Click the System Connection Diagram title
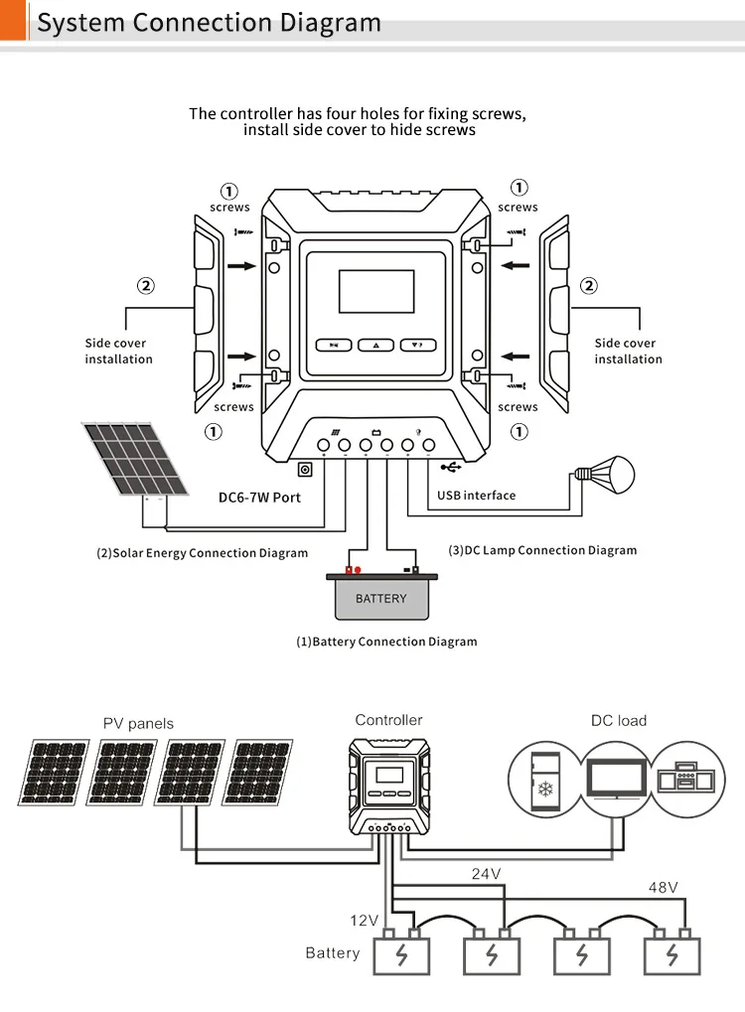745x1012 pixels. click(209, 22)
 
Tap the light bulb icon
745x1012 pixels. click(608, 475)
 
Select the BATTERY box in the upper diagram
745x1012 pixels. click(380, 597)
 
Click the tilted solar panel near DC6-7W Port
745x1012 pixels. click(135, 458)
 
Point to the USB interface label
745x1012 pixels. click(476, 495)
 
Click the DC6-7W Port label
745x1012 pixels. click(259, 497)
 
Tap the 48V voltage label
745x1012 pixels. click(663, 887)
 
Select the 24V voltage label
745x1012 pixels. click(486, 874)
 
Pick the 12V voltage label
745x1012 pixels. click(365, 921)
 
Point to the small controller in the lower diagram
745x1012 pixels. click(388, 785)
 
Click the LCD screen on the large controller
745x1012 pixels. click(375, 292)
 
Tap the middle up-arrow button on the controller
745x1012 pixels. click(375, 345)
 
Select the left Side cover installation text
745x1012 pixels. click(118, 351)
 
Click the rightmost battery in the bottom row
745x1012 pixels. click(671, 954)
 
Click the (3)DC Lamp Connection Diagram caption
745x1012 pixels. click(542, 550)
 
